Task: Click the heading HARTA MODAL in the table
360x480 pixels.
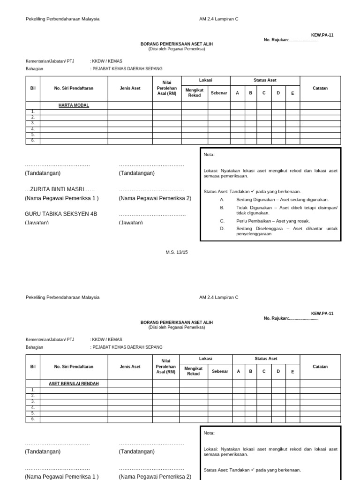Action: click(74, 105)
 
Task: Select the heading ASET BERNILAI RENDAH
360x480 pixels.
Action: click(74, 383)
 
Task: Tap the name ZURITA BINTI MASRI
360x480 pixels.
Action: click(60, 189)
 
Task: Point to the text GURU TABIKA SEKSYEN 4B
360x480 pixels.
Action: click(61, 214)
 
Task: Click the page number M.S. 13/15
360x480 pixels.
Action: click(177, 252)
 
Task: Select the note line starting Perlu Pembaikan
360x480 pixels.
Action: click(273, 221)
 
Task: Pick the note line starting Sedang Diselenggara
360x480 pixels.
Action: click(286, 231)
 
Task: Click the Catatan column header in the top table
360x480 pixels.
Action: click(320, 88)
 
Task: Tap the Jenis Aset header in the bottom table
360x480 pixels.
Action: click(130, 367)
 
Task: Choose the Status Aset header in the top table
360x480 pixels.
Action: click(265, 80)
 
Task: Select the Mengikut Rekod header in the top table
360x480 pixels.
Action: click(194, 92)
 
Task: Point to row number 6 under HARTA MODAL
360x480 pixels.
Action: click(33, 141)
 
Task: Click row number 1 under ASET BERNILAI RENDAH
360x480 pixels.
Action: click(33, 390)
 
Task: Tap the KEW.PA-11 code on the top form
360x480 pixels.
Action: click(322, 35)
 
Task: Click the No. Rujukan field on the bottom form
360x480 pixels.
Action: click(291, 318)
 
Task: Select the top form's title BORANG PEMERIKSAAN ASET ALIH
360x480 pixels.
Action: click(177, 44)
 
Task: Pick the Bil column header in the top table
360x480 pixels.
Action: click(33, 88)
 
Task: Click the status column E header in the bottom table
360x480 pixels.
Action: click(292, 372)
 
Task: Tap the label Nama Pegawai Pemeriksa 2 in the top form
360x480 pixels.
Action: click(155, 198)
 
